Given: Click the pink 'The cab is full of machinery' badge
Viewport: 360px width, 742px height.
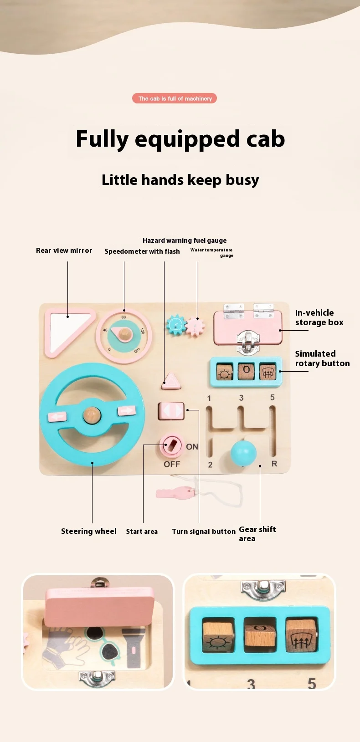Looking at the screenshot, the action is [175, 98].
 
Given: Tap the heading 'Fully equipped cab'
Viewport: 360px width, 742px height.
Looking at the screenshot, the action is [180, 139].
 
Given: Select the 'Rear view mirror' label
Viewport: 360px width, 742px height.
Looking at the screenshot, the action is [64, 251].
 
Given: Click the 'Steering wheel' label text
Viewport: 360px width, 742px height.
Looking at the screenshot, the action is [88, 531].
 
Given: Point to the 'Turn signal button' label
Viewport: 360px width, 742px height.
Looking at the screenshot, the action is [203, 532].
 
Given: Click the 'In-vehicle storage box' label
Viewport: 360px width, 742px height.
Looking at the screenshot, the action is [319, 317].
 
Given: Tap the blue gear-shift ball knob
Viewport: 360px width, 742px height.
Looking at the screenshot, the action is [243, 453].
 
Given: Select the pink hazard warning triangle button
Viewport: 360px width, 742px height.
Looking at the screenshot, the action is [171, 380].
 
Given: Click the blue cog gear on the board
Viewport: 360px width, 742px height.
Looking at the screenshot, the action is [175, 325].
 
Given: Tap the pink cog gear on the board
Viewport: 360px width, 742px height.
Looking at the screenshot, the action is [195, 326].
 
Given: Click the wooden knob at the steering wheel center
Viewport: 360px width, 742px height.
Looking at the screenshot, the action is [92, 414].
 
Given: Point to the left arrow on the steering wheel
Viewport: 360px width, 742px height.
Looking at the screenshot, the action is [57, 416].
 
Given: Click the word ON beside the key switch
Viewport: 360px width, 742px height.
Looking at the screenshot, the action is [192, 447].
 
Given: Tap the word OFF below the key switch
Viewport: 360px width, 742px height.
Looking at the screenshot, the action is [172, 464].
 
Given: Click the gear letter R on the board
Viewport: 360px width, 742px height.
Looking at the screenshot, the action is [274, 464].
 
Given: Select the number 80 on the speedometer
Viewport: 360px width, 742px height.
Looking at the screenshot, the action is [123, 317].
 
